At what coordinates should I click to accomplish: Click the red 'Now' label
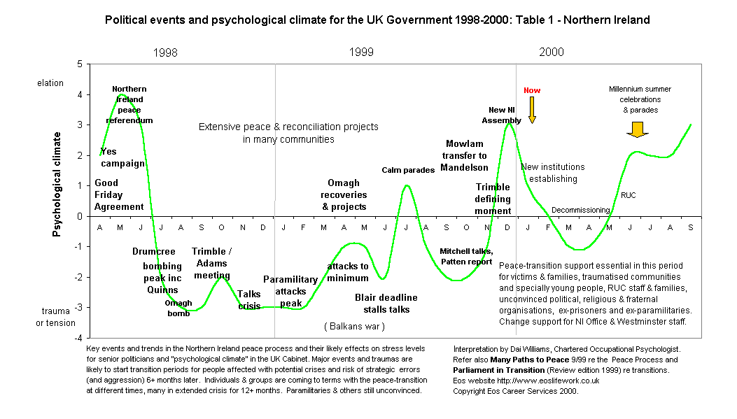532,90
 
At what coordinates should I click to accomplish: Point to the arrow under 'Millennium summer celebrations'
636,129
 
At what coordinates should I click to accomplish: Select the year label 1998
165,52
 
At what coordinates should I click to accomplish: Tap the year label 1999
362,52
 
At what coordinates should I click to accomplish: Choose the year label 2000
552,52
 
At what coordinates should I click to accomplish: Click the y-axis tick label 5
79,64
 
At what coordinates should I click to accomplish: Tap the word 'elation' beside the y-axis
50,83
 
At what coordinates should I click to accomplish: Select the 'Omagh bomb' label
178,308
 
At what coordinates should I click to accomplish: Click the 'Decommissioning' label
581,210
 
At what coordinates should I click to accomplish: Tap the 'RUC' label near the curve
629,195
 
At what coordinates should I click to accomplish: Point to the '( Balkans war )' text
354,327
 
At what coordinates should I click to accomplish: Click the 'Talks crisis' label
249,300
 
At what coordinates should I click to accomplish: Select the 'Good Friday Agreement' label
119,195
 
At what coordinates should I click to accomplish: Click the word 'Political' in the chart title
127,20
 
